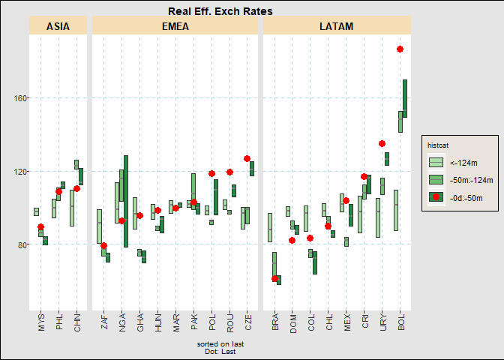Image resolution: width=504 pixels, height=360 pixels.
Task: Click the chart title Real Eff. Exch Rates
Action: tap(220, 11)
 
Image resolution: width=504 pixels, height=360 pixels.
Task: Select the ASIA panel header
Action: tap(58, 26)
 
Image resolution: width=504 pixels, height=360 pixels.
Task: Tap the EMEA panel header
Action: tap(175, 26)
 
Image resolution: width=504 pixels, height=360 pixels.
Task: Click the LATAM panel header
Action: tap(336, 26)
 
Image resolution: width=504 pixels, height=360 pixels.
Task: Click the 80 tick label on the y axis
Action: tap(20, 244)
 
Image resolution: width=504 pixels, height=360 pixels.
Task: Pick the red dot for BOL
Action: tap(400, 49)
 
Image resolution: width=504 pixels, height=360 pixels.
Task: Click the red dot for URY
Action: tap(382, 144)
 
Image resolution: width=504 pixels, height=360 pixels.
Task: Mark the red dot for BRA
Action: tap(274, 279)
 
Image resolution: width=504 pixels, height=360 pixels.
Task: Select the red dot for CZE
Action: tap(247, 159)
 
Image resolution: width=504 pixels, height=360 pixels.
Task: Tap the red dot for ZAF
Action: tap(104, 246)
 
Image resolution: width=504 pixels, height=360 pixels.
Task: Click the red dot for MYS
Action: tap(41, 227)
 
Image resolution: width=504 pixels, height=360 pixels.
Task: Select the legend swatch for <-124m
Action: tap(436, 162)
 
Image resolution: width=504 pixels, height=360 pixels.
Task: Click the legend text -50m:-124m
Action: tap(471, 180)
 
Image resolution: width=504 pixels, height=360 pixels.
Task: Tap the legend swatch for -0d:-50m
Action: tap(436, 197)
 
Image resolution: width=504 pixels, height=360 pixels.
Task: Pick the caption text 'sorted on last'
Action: tap(220, 344)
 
